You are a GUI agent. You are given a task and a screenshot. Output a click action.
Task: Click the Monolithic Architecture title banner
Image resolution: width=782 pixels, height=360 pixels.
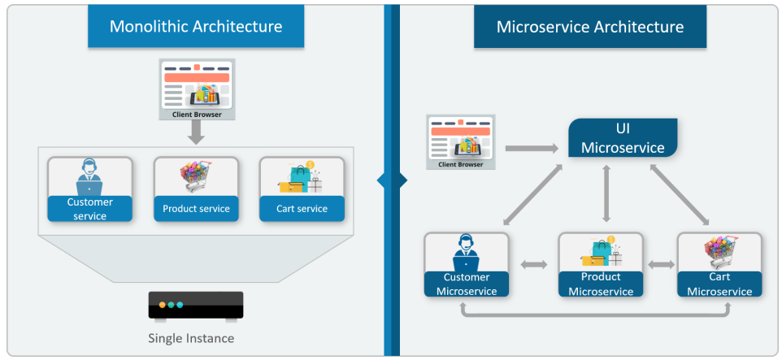pyautogui.click(x=196, y=27)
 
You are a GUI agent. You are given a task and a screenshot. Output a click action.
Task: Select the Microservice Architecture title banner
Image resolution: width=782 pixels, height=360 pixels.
pyautogui.click(x=589, y=27)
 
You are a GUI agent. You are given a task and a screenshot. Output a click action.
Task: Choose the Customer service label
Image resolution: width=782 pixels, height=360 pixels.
pyautogui.click(x=89, y=209)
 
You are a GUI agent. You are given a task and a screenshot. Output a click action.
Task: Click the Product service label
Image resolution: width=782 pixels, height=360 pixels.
pyautogui.click(x=196, y=209)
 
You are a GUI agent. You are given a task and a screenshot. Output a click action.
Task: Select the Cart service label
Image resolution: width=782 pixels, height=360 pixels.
pyautogui.click(x=302, y=209)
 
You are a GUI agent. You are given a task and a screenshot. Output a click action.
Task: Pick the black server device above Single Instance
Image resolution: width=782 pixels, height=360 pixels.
pyautogui.click(x=196, y=306)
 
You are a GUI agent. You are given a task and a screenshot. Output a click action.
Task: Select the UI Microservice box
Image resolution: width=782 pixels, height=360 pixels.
pyautogui.click(x=623, y=138)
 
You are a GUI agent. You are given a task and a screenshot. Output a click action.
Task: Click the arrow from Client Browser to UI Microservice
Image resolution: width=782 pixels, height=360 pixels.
pyautogui.click(x=531, y=149)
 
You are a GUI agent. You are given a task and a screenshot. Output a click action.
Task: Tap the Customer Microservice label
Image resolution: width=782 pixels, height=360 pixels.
pyautogui.click(x=467, y=284)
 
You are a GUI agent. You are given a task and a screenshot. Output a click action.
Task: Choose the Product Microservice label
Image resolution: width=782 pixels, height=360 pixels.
pyautogui.click(x=600, y=284)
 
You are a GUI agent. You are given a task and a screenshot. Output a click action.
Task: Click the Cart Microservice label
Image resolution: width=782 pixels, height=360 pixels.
pyautogui.click(x=719, y=284)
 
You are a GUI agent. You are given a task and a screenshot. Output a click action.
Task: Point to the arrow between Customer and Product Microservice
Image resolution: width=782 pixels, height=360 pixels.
pyautogui.click(x=533, y=264)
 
